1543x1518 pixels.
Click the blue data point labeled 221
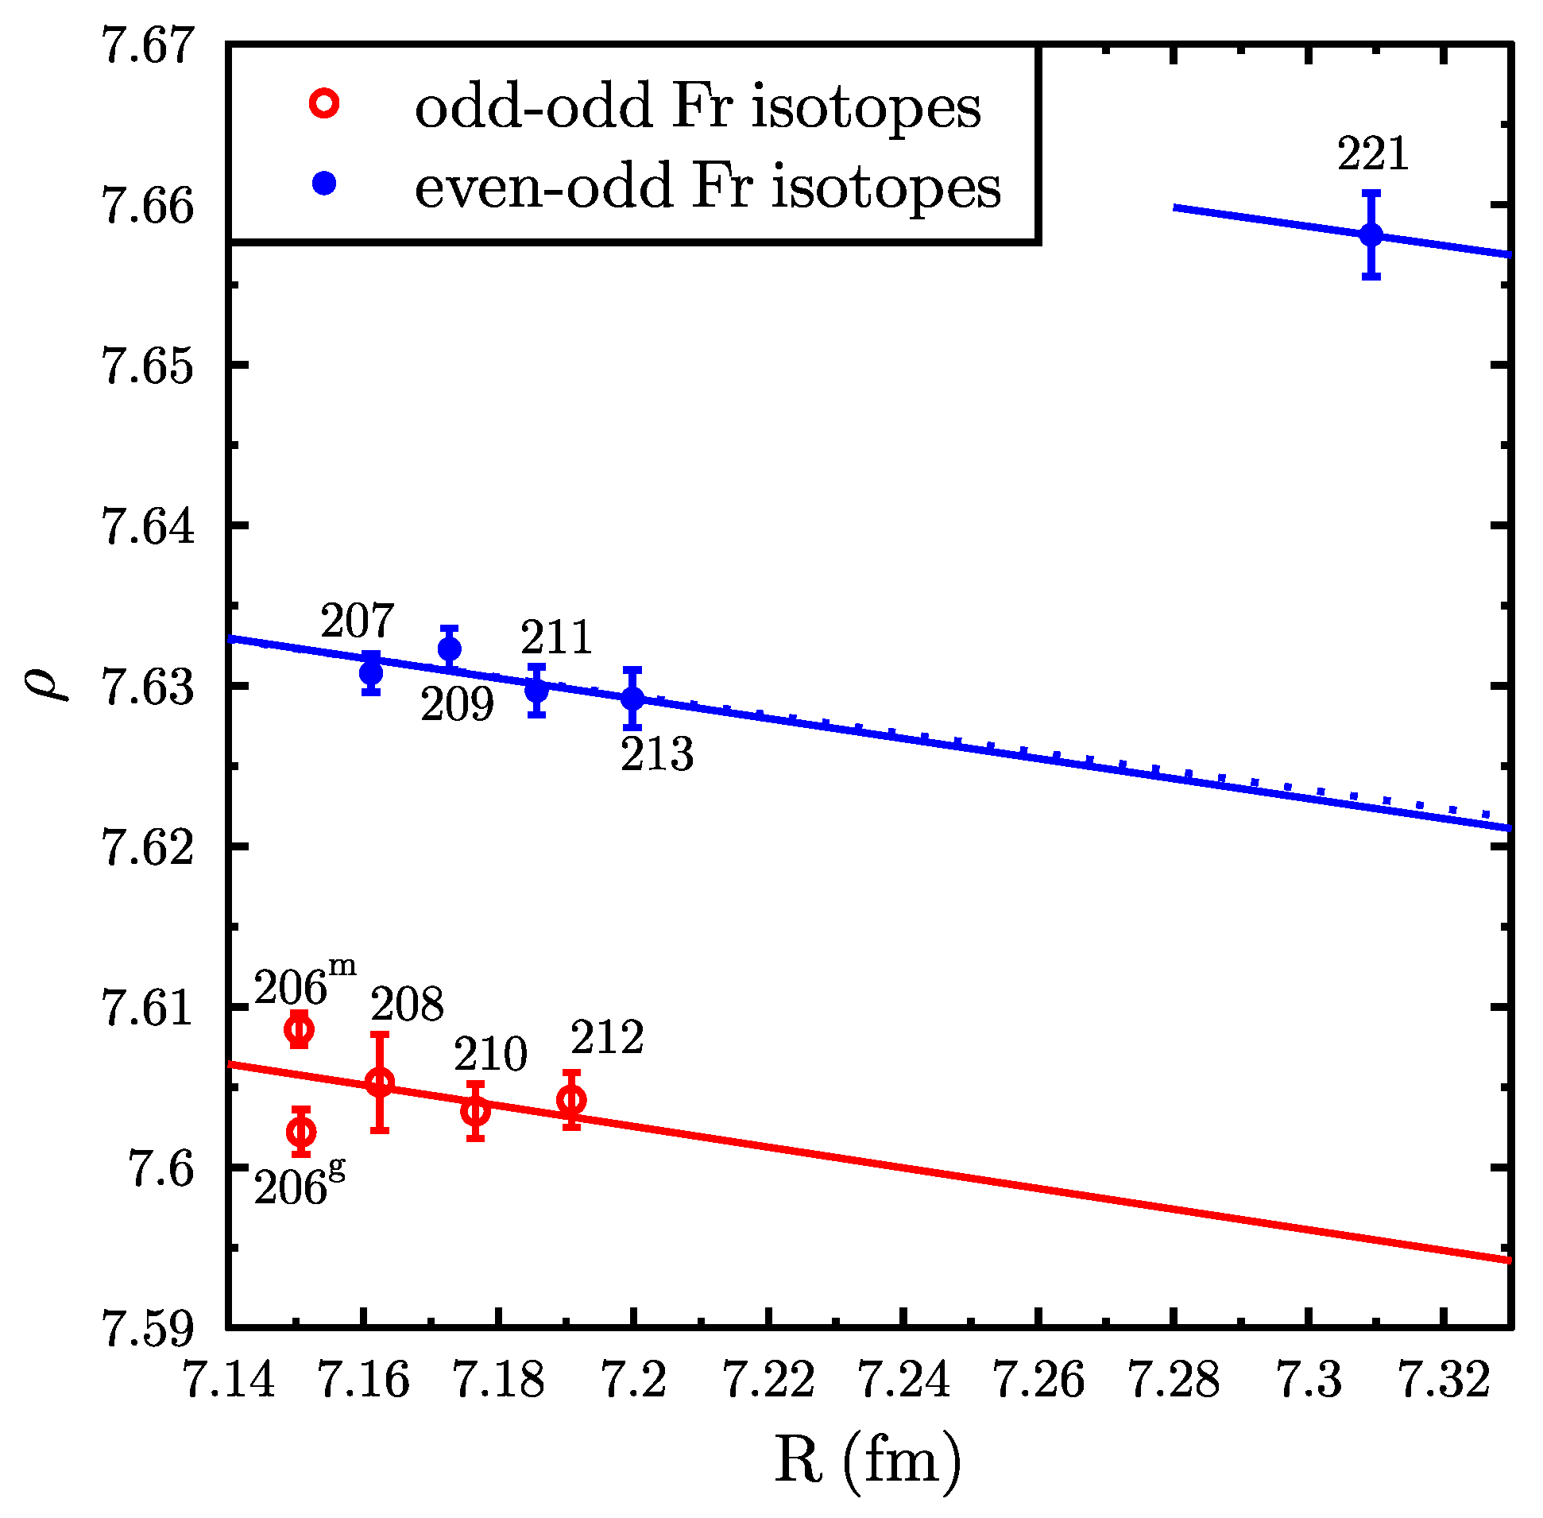1370,235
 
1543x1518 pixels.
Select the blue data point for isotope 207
370,673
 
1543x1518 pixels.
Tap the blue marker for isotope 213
632,699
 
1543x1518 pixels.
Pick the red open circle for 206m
299,1029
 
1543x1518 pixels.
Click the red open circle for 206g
300,1131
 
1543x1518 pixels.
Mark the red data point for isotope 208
379,1082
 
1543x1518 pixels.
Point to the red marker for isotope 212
571,1100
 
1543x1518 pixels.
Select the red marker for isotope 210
475,1110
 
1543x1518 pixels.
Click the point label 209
457,705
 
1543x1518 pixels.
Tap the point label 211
556,637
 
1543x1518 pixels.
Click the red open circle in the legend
324,104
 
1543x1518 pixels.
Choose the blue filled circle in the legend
324,184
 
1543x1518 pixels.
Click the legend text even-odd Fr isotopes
707,188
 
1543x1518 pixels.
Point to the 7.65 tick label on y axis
149,367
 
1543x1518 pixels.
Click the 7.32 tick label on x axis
1444,1378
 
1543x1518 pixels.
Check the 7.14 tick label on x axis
230,1378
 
